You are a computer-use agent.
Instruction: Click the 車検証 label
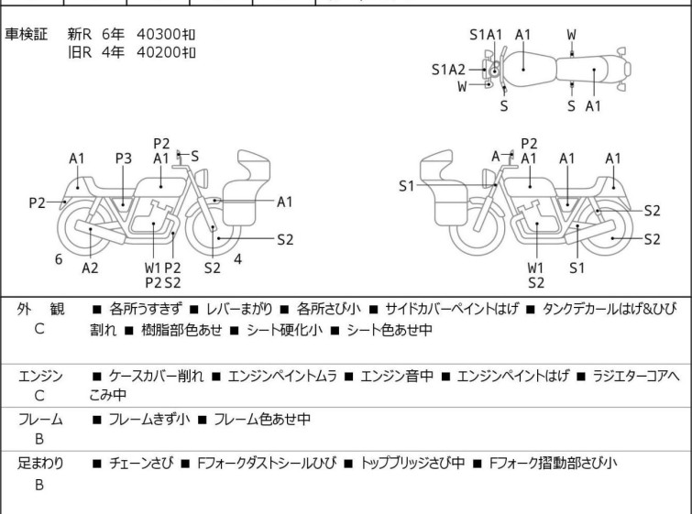tap(33, 34)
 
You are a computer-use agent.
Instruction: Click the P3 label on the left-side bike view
tap(124, 159)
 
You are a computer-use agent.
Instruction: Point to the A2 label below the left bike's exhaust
tap(90, 268)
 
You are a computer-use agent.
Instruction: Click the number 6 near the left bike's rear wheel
tap(59, 259)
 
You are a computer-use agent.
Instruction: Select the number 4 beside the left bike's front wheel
tap(237, 259)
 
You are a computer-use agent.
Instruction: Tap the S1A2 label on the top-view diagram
tap(448, 69)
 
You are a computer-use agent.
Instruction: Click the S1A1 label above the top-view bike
tap(486, 35)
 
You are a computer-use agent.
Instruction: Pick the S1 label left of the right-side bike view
tap(407, 186)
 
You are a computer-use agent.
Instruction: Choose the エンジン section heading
tap(39, 376)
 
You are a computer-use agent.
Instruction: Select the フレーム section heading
tap(39, 420)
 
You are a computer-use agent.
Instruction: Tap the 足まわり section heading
tap(39, 464)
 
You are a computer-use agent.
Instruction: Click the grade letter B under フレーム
tap(39, 440)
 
